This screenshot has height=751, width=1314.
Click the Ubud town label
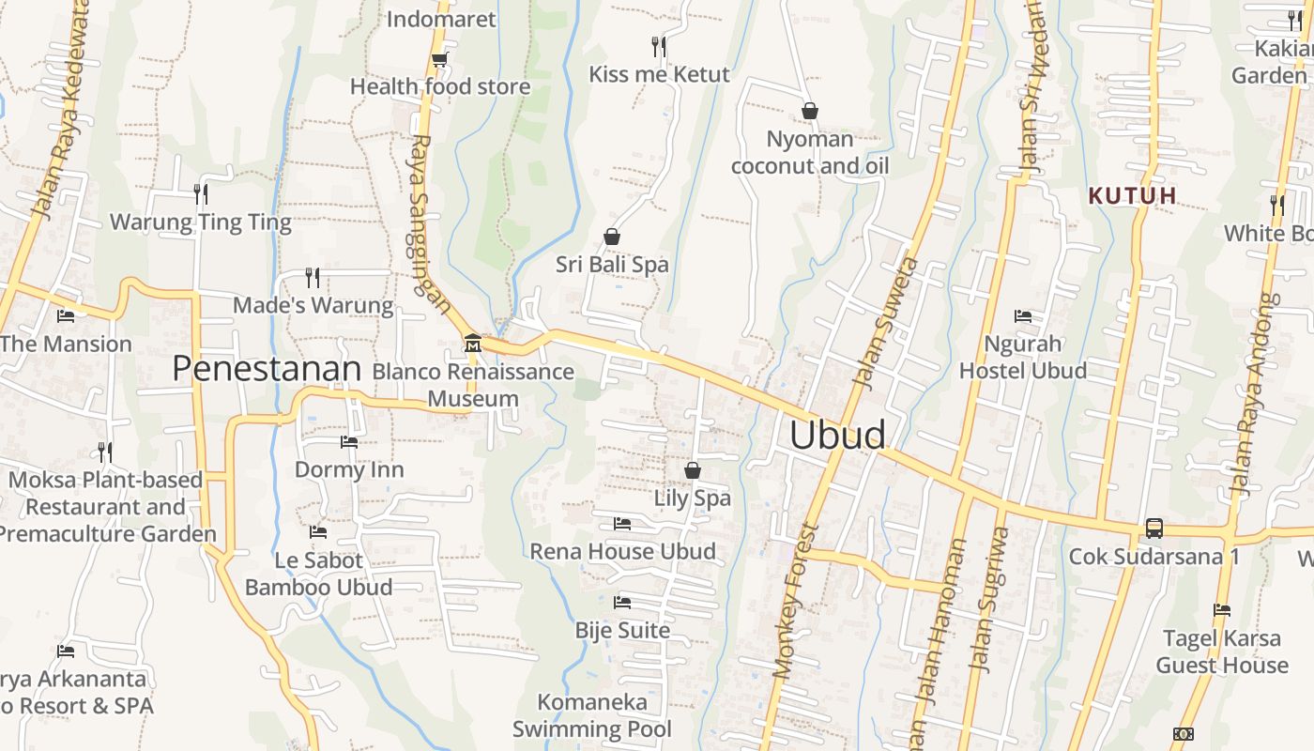click(837, 435)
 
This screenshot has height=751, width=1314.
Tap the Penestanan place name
click(267, 369)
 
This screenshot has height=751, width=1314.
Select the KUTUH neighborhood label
click(1132, 195)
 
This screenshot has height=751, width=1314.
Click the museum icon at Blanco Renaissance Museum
click(472, 344)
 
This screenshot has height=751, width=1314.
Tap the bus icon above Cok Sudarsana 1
click(1154, 529)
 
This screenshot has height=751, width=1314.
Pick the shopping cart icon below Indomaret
click(438, 60)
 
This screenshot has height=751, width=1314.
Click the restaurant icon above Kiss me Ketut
click(659, 46)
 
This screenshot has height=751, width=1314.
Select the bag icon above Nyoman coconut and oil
click(809, 111)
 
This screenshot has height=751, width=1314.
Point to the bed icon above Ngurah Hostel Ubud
click(1023, 316)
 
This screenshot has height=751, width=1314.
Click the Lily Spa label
click(693, 498)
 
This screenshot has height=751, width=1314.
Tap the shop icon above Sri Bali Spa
click(612, 237)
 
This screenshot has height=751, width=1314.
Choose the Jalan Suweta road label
click(884, 322)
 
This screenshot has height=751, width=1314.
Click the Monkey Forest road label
click(795, 601)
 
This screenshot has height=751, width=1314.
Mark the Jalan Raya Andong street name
click(1256, 394)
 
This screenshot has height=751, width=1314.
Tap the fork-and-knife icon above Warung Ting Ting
click(200, 194)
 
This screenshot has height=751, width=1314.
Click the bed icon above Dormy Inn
click(349, 441)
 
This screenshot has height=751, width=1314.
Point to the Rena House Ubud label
click(623, 551)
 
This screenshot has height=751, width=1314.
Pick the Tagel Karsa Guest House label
click(1222, 651)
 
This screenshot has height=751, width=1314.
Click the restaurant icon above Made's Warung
click(313, 277)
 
